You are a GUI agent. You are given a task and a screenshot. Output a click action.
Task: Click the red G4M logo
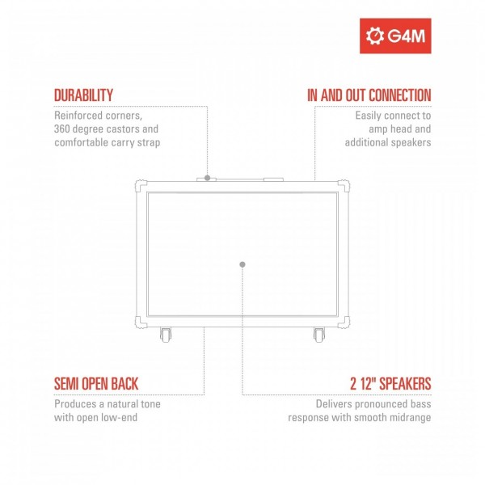[x=395, y=36]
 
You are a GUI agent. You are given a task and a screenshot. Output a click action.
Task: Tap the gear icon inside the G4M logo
[x=375, y=36]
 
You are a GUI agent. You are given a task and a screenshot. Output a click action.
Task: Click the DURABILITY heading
[x=83, y=95]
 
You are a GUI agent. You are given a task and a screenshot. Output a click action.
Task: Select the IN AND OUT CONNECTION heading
[x=369, y=95]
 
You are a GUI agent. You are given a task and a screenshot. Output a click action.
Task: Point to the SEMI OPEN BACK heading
[x=96, y=384]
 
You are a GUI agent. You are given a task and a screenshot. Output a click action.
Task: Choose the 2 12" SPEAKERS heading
[x=390, y=384]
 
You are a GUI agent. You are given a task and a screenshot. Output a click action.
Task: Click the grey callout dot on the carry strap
[x=208, y=178]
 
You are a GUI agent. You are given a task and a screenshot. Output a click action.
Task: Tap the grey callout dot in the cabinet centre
[x=242, y=264]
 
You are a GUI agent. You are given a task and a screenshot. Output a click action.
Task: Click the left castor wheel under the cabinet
[x=166, y=335]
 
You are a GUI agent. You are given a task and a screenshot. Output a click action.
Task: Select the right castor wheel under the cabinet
[x=319, y=335]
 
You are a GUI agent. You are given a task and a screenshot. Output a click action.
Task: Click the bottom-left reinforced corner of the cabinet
[x=141, y=323]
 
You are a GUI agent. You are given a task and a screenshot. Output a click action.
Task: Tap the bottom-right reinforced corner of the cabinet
[x=344, y=323]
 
